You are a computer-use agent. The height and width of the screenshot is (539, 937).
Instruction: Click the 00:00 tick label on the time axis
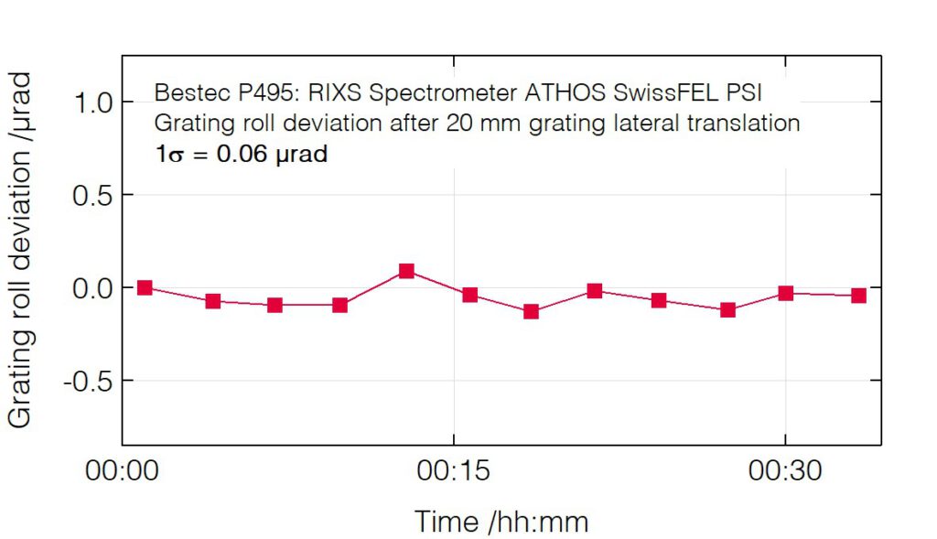[123, 472]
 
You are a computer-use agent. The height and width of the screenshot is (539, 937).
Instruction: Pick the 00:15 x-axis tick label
[454, 472]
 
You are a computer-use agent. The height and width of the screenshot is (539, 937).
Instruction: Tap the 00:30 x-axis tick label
[785, 472]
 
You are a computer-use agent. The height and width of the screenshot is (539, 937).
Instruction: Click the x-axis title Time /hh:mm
[501, 522]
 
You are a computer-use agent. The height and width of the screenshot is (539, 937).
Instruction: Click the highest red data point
[406, 271]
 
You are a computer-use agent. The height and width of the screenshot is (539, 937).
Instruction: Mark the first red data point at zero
[145, 287]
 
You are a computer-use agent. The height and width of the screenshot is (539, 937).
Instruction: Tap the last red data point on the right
[858, 296]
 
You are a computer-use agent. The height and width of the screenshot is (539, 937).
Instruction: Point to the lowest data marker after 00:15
[531, 312]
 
